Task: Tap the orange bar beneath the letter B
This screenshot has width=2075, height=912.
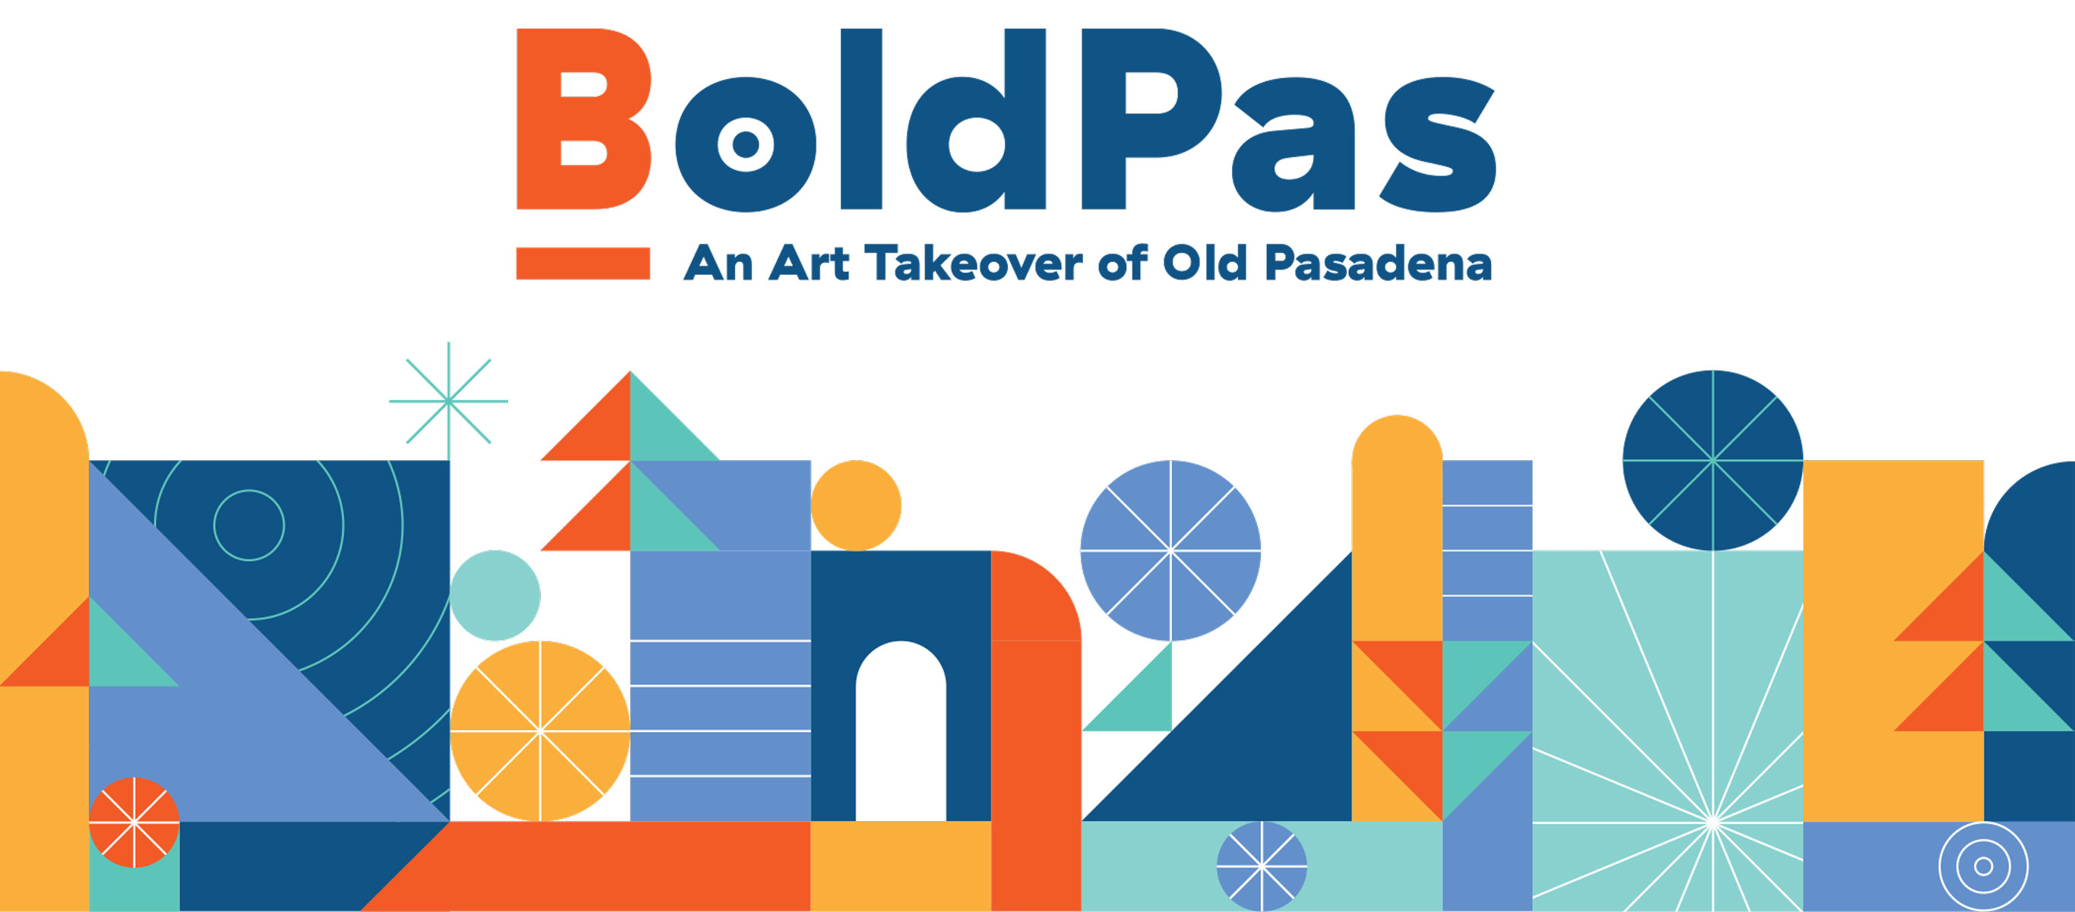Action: tap(583, 264)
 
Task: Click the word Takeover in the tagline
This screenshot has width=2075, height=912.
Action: tap(974, 264)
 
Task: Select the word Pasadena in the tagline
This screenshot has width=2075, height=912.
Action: tap(1379, 264)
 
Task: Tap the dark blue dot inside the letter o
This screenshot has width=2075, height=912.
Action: tap(746, 144)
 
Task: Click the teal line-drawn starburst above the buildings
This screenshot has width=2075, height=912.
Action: tap(449, 401)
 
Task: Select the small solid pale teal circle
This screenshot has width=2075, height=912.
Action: tap(494, 596)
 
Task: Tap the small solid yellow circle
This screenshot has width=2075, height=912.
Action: tap(855, 506)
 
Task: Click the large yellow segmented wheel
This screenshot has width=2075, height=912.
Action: tap(540, 731)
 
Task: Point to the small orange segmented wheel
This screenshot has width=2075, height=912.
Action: tap(134, 822)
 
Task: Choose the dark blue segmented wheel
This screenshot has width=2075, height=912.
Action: tap(1713, 461)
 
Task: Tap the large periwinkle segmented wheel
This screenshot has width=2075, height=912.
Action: tap(1170, 551)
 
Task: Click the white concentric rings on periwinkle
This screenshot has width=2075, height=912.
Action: tap(1983, 867)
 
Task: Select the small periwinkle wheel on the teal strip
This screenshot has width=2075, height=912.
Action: tap(1262, 867)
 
